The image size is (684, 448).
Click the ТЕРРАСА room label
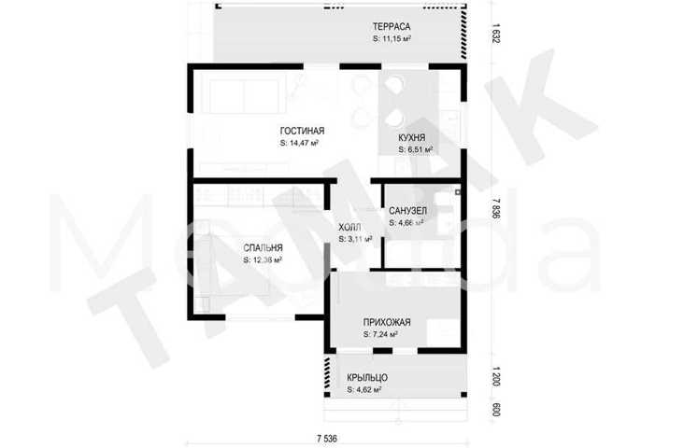click(x=392, y=26)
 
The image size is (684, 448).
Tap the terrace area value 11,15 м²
click(x=392, y=39)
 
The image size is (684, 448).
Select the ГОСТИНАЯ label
click(x=303, y=131)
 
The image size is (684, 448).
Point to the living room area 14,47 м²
click(x=299, y=143)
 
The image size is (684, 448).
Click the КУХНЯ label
click(x=412, y=138)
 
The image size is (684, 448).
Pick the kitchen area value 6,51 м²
click(x=415, y=149)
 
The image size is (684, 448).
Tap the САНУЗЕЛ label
click(x=407, y=211)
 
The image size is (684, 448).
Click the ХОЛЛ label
click(x=349, y=228)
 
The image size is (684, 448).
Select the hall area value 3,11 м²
click(x=355, y=239)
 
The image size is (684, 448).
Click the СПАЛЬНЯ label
click(x=264, y=248)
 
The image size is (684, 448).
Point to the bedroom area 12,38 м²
click(x=263, y=259)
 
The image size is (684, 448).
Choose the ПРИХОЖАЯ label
click(x=387, y=323)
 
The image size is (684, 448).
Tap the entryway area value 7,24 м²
click(x=380, y=334)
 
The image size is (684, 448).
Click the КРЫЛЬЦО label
click(x=367, y=378)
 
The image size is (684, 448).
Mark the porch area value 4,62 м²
click(x=364, y=389)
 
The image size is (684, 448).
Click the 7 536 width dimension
click(x=327, y=439)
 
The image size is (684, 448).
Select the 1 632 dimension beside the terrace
click(x=495, y=33)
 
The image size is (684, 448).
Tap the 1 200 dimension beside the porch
click(x=495, y=377)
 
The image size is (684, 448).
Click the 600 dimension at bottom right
click(x=495, y=410)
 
